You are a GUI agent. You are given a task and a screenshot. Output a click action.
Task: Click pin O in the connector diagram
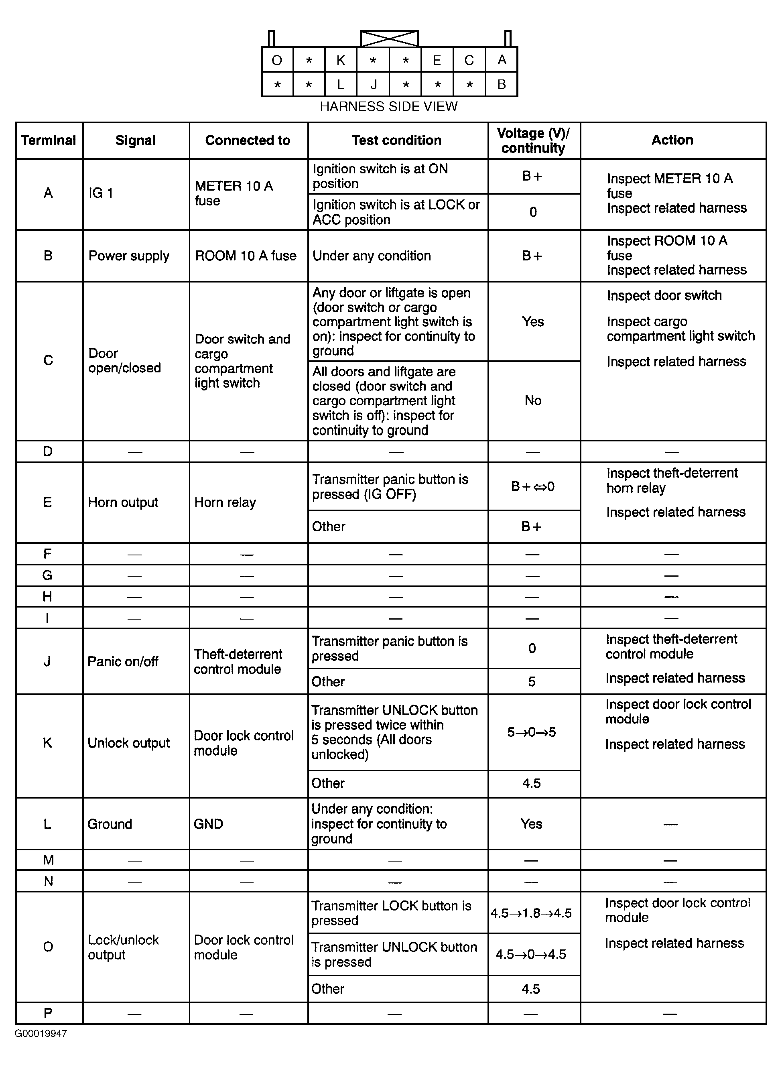[x=277, y=60]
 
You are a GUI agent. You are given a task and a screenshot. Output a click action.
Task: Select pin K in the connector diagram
[x=341, y=60]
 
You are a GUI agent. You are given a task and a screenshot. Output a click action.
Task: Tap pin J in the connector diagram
[x=374, y=85]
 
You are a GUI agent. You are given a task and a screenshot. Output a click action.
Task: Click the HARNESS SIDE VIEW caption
[x=389, y=106]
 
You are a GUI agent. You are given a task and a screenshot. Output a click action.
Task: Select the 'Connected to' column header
[x=248, y=140]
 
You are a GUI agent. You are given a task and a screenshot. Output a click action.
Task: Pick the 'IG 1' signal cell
[x=101, y=193]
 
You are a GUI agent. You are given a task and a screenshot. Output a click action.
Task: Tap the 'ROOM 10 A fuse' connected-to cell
[x=246, y=256]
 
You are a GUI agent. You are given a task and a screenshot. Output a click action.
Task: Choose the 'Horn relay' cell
[x=225, y=502]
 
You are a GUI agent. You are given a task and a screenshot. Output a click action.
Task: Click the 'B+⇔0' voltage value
[x=532, y=487]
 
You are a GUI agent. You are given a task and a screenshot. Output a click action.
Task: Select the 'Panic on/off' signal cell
[x=123, y=661]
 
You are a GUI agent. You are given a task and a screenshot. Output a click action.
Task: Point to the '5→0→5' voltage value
[x=532, y=732]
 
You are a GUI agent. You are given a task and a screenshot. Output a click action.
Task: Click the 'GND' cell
[x=208, y=824]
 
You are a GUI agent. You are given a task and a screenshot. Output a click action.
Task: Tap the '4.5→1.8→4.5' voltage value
[x=531, y=913]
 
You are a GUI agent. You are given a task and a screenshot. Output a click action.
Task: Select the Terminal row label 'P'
[x=48, y=1014]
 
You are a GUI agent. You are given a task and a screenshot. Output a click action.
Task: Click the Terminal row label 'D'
[x=48, y=451]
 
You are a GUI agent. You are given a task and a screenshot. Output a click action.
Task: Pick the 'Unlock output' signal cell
[x=129, y=743]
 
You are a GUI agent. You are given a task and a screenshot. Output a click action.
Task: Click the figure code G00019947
[x=41, y=1034]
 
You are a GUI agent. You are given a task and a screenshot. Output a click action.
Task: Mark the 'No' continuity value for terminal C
[x=533, y=400]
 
